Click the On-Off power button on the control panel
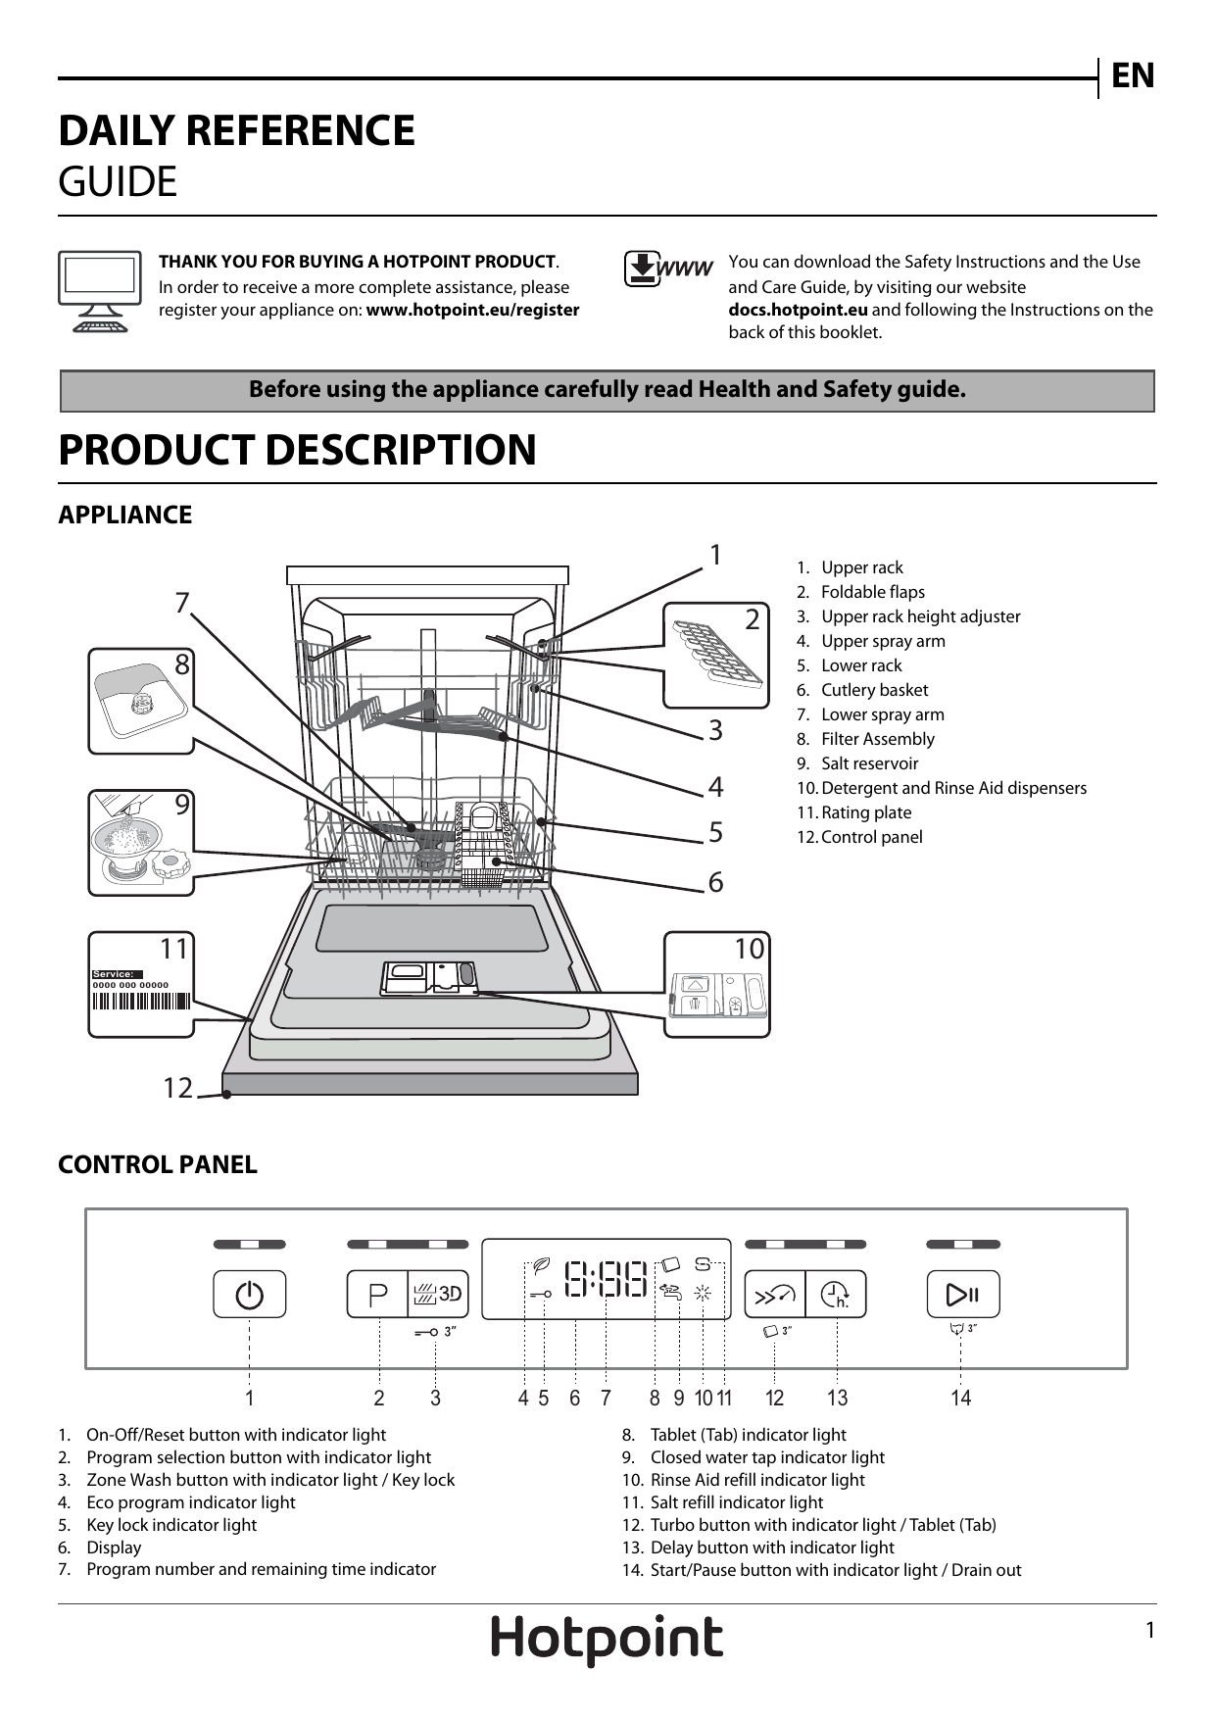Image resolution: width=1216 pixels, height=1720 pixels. coord(249,1295)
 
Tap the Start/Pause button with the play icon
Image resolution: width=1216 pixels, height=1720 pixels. coord(962,1295)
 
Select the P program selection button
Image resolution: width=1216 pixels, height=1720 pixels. coord(378,1295)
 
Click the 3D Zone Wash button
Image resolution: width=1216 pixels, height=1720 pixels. coord(438,1295)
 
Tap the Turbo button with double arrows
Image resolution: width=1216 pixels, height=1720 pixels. coord(774,1296)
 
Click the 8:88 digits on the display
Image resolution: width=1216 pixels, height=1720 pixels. coord(606,1279)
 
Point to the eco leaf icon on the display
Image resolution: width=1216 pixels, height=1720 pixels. coord(540,1265)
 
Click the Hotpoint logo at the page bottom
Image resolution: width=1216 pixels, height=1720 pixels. coord(607,1639)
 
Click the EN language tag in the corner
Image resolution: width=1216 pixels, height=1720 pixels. coord(1133,75)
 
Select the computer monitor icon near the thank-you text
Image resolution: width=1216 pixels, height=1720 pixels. coord(99,291)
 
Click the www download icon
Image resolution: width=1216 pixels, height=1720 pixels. coord(667,269)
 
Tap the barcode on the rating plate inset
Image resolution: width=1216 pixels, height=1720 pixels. coord(140,1001)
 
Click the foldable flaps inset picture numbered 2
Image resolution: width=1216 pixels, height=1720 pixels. coord(716,655)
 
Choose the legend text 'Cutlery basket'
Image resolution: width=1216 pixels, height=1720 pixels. coord(874,690)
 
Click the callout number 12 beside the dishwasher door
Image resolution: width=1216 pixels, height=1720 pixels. coord(177,1088)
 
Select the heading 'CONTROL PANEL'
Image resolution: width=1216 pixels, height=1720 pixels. coord(157,1164)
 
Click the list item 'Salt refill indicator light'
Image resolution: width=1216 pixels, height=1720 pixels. coord(736,1502)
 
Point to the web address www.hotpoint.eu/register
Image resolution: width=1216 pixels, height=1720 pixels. coord(472,310)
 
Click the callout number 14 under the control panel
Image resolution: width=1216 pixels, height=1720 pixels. coord(960,1398)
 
